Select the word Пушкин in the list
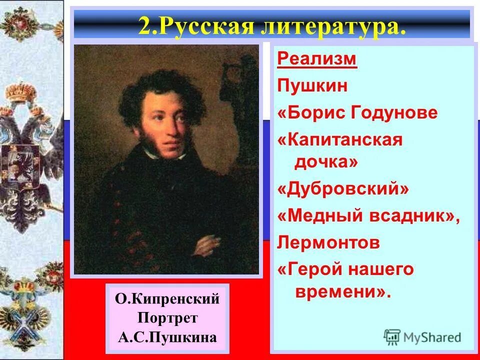(x=312, y=86)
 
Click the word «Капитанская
(x=340, y=139)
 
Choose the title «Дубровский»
(x=343, y=189)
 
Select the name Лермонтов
(x=328, y=243)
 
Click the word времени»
(x=342, y=292)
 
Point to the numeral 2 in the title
(x=144, y=26)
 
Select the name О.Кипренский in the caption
(x=167, y=299)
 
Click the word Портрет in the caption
(x=167, y=318)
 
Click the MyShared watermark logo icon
(x=392, y=336)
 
